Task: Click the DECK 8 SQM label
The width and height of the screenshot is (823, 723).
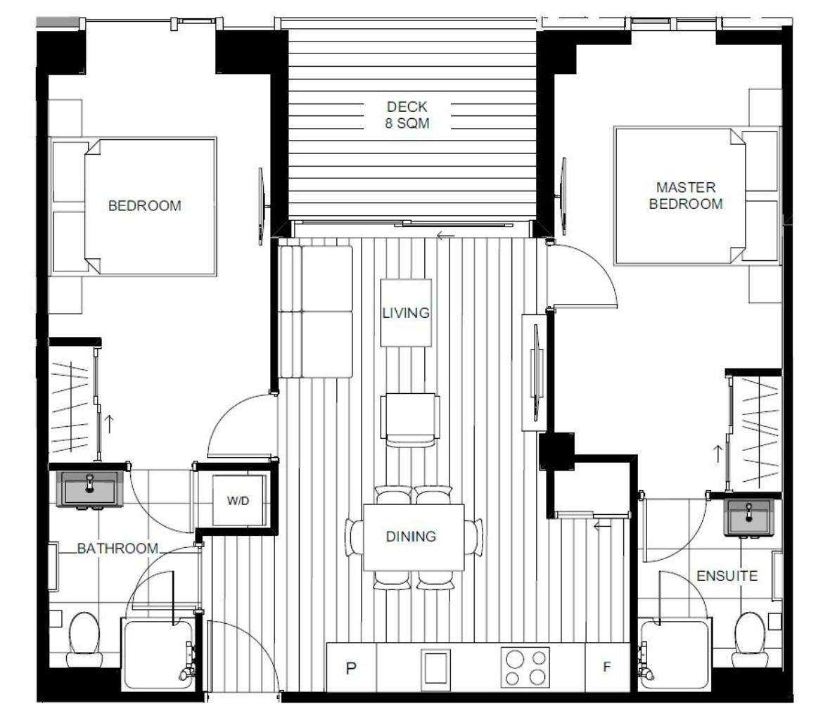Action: coord(407,115)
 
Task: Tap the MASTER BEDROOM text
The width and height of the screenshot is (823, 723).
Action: coord(686,196)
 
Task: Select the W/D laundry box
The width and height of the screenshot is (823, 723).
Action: coord(238,501)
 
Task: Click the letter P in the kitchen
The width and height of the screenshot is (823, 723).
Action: coord(351,668)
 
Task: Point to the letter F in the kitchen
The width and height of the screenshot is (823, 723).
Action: coord(607,667)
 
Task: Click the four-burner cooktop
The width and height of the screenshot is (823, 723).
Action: coord(525,667)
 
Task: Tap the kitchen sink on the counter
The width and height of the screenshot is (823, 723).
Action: coord(435,667)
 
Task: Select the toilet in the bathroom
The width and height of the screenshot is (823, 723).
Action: coord(84,639)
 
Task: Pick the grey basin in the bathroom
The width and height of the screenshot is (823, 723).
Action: coord(90,489)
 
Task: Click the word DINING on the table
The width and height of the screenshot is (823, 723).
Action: coord(411,536)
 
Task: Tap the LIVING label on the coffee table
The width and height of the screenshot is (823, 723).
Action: coord(406,313)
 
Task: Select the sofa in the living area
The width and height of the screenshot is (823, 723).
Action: coord(315,312)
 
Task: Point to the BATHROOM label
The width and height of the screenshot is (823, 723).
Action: coord(117,549)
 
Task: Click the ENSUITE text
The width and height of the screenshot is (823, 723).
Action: coord(727,576)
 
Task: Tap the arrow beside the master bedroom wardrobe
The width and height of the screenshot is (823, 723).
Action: coord(717,454)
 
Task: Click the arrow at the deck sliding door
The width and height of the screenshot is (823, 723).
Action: coord(445,236)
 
